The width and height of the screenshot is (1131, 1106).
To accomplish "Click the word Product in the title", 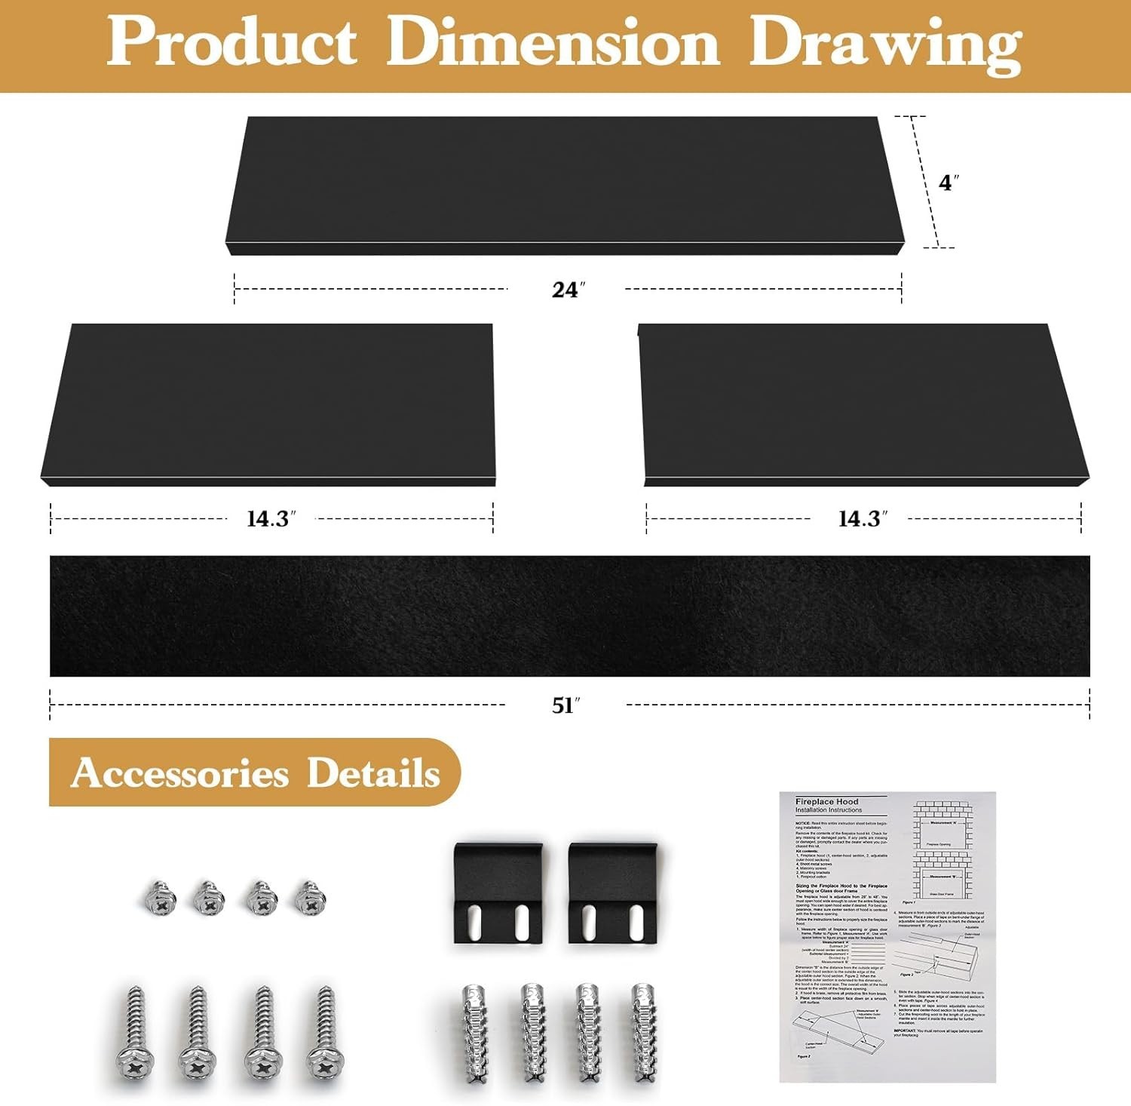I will [231, 42].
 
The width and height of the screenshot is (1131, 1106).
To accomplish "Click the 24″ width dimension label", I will [568, 290].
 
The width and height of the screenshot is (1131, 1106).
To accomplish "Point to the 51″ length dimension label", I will [565, 705].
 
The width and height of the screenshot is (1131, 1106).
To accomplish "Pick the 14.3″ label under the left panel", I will [271, 519].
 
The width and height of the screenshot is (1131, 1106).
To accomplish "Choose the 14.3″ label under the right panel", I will [863, 519].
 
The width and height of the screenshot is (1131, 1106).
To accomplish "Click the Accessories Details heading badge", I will [255, 773].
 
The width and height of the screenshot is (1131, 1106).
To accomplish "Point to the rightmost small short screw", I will [309, 897].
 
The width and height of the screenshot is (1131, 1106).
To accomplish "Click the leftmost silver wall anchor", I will [474, 1034].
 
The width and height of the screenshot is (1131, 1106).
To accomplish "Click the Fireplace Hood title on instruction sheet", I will [826, 801].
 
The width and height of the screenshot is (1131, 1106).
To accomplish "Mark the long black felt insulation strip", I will [569, 616].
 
